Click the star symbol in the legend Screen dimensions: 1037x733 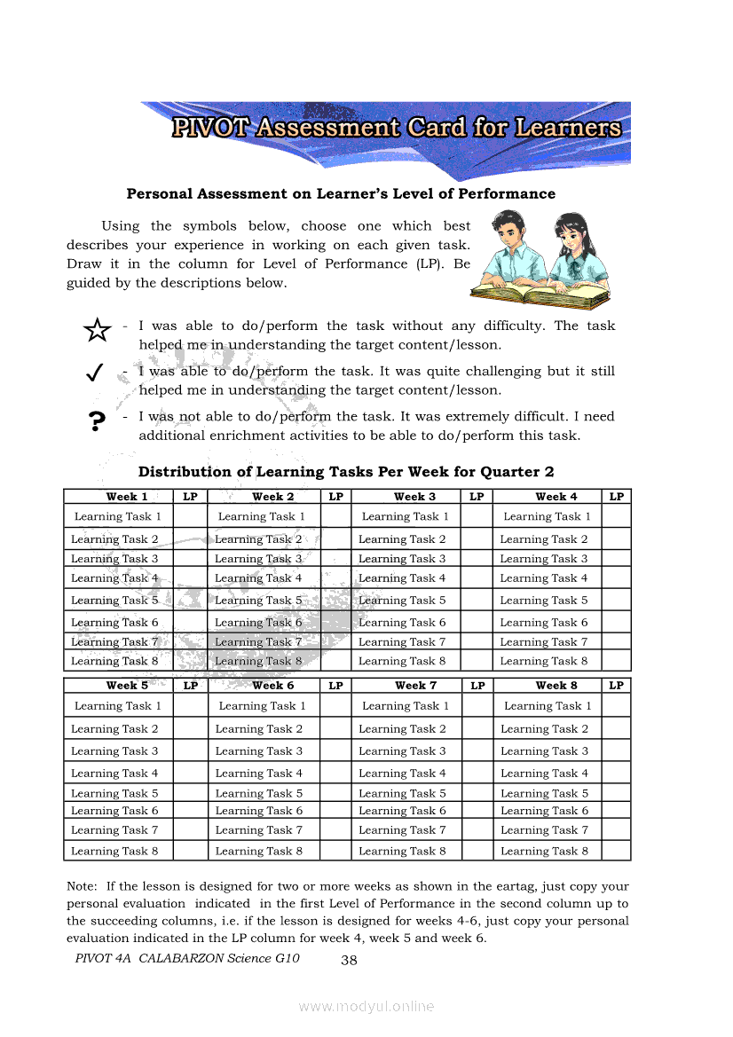coord(97,331)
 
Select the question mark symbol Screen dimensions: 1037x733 coord(97,420)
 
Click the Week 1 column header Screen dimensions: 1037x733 coord(127,497)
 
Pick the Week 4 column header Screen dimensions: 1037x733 coord(556,497)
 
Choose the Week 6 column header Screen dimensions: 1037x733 coord(272,686)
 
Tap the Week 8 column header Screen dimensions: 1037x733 coord(556,686)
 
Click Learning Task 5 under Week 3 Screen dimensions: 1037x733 coord(402,601)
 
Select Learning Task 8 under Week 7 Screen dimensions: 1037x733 coord(402,851)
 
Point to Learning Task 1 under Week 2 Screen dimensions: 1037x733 coord(262,516)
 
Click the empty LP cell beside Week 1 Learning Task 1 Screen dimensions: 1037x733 coord(190,516)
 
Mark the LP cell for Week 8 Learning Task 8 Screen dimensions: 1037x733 coord(616,851)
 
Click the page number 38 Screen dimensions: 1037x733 coord(349,960)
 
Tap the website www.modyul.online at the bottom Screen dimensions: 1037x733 coord(366,1006)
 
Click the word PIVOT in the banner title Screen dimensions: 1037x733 coord(211,128)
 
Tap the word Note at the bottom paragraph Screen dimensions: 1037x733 coord(82,886)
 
